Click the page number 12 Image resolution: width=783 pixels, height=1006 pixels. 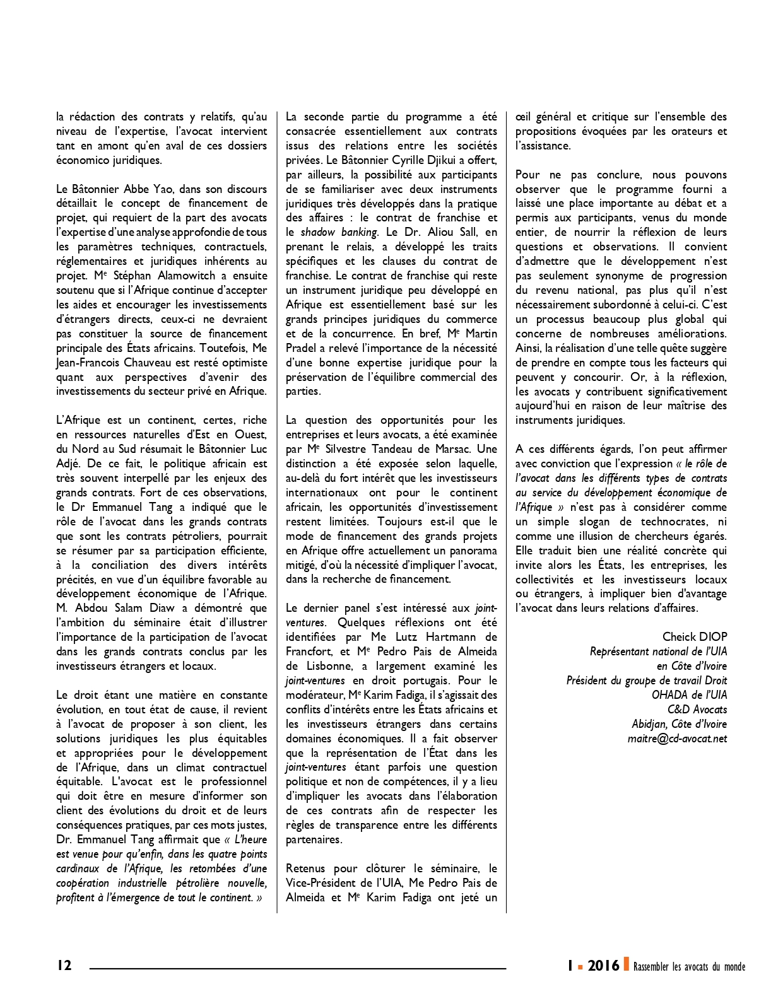click(x=64, y=965)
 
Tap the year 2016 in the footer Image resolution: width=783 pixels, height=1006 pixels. click(x=603, y=965)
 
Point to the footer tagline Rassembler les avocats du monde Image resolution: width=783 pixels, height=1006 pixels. click(x=689, y=966)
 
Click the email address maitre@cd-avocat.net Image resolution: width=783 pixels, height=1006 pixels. click(x=677, y=739)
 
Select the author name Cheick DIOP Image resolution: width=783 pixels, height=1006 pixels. click(x=695, y=637)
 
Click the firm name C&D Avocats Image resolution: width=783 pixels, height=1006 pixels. click(x=697, y=710)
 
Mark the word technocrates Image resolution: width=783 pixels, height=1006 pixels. click(x=674, y=522)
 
